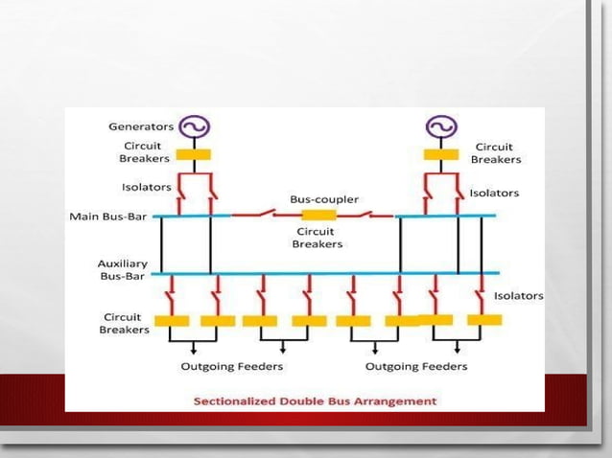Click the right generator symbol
[441, 126]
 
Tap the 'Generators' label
[141, 126]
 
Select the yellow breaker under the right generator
[441, 154]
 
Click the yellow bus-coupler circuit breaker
[318, 215]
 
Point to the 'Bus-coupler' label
[324, 199]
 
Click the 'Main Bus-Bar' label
[108, 217]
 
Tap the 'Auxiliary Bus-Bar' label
[122, 269]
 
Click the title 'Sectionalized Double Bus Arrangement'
[315, 401]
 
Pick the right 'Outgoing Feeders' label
[416, 366]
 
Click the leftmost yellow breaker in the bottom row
[171, 321]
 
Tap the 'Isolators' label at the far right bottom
[518, 296]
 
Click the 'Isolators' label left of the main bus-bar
[147, 187]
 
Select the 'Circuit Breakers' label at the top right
[496, 153]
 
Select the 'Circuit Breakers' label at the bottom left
[125, 323]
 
